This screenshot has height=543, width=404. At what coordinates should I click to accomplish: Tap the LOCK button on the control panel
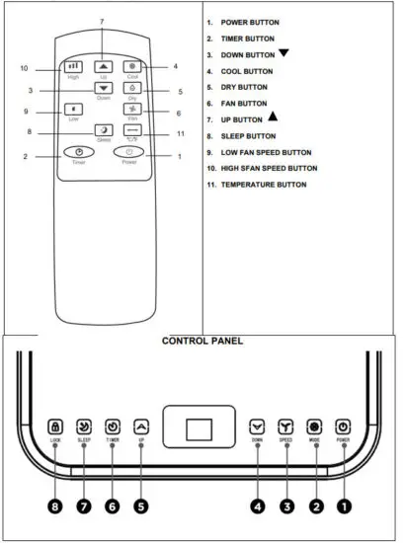pos(55,427)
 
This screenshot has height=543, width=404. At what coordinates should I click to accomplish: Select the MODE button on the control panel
pos(315,427)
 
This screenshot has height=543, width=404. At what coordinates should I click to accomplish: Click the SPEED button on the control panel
pos(286,427)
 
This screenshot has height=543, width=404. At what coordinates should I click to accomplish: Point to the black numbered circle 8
pos(55,506)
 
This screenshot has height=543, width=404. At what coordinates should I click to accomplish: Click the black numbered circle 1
pos(344,506)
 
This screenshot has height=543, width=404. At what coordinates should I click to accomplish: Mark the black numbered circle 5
pos(140,506)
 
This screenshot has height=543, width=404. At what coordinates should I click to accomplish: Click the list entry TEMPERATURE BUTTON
pos(263,185)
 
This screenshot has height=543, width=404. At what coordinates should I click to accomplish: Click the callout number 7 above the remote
pos(101,22)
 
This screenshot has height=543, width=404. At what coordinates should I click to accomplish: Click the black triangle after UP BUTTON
pos(274,117)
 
